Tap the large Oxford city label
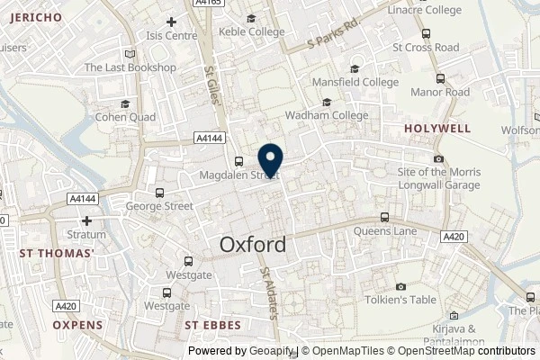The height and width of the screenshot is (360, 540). click(254, 244)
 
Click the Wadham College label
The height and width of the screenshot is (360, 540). click(326, 115)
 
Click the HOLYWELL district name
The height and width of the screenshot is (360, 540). click(436, 129)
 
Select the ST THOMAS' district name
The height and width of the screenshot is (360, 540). click(57, 254)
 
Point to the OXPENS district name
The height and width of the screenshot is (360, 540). click(77, 324)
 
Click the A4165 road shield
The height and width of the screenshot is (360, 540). click(207, 4)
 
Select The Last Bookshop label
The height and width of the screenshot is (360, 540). click(130, 67)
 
